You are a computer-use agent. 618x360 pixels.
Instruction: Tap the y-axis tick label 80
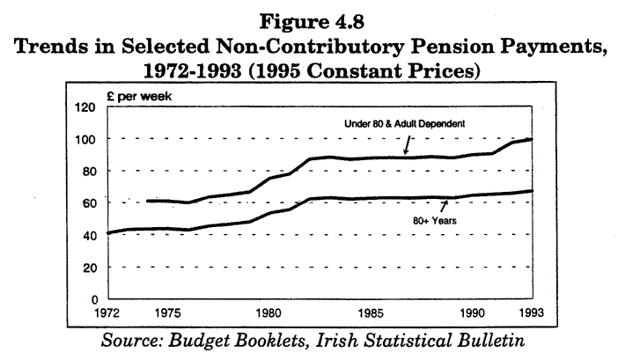click(86, 171)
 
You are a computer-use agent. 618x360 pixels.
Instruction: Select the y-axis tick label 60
click(86, 202)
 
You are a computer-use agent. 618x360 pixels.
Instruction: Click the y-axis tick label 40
click(86, 234)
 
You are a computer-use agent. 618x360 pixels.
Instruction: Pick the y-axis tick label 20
click(86, 266)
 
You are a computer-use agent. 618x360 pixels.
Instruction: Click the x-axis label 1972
click(107, 312)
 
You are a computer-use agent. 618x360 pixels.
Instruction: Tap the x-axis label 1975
click(169, 312)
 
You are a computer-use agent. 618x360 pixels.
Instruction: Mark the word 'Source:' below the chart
click(133, 339)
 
